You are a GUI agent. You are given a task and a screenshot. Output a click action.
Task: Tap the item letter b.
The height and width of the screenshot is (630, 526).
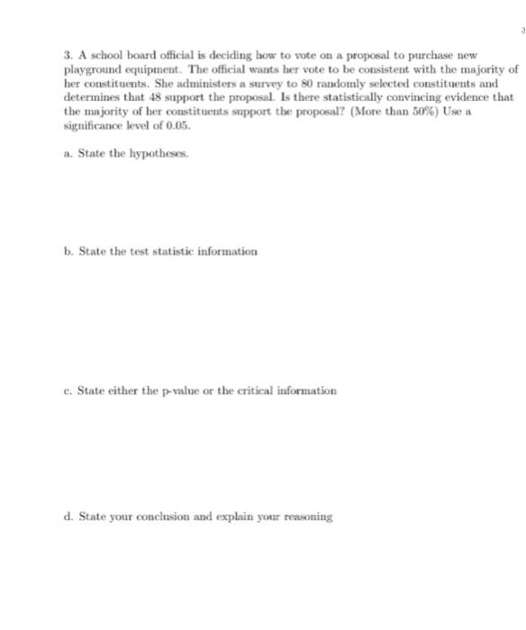(x=68, y=251)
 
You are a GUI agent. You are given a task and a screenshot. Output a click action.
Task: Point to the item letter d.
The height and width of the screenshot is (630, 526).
(x=68, y=517)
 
